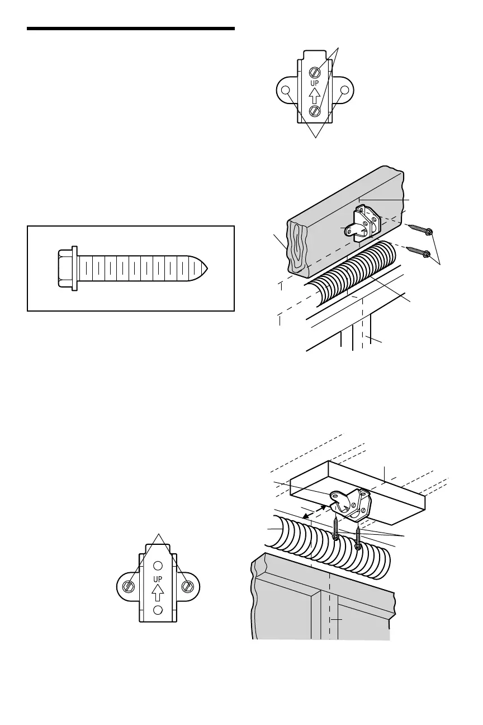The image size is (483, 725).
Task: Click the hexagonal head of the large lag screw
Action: pyautogui.click(x=67, y=269)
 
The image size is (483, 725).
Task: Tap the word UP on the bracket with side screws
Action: pyautogui.click(x=158, y=577)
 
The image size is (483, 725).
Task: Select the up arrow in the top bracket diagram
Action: pyautogui.click(x=315, y=96)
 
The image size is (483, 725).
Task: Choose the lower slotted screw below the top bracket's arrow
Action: pyautogui.click(x=315, y=111)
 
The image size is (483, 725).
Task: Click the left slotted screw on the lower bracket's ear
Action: pyautogui.click(x=129, y=586)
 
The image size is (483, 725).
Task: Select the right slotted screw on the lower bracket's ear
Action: pyautogui.click(x=188, y=586)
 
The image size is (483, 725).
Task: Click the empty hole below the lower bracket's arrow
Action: pyautogui.click(x=158, y=609)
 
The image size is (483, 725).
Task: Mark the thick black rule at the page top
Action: pyautogui.click(x=131, y=28)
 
